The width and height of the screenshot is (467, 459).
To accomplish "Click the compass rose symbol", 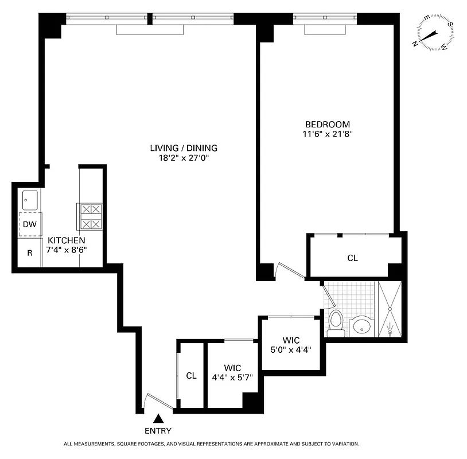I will [434, 33].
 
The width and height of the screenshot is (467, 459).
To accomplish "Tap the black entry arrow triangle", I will [158, 420].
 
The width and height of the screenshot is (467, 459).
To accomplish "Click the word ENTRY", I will [158, 431].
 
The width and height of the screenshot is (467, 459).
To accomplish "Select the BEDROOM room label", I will [327, 125].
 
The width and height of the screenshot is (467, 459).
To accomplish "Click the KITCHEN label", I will [67, 240].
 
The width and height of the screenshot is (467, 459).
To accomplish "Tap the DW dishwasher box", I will [29, 224].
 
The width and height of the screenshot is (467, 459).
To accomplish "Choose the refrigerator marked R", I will [29, 253].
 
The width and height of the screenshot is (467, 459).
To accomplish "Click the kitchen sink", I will [30, 200].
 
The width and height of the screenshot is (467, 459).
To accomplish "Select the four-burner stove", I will [90, 217].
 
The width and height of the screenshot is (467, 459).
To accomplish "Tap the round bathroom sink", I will [362, 327].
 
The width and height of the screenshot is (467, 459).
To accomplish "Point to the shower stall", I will [390, 310].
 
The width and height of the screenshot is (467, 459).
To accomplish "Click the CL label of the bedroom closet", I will [352, 258].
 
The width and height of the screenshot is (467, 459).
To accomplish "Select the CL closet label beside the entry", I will [191, 376].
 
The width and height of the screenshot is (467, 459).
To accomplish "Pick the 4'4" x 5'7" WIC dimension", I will [232, 378].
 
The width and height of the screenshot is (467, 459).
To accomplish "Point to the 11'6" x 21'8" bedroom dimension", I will [327, 135].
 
